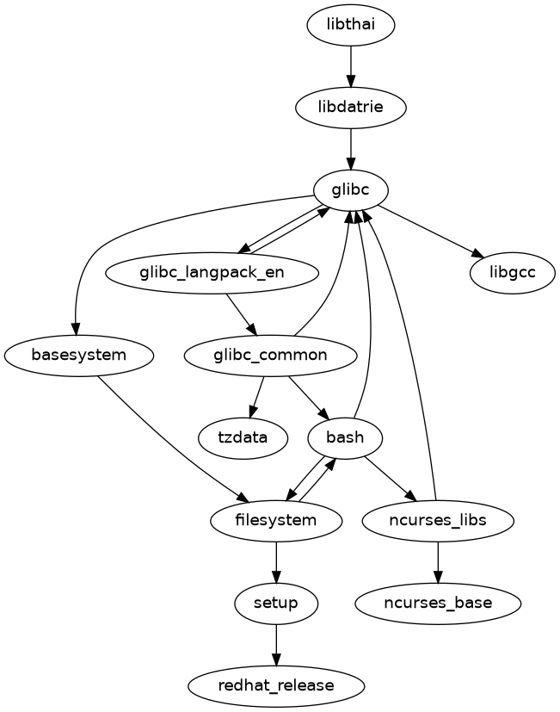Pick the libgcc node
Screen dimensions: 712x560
click(512, 273)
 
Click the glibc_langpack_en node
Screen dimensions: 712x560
click(212, 273)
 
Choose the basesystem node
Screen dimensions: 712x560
click(79, 355)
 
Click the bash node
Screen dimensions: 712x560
click(345, 437)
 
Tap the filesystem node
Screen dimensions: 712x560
click(276, 520)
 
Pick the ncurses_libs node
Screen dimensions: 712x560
click(438, 520)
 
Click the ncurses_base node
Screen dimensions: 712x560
click(438, 603)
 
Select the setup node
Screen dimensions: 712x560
click(276, 603)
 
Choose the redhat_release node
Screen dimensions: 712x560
click(276, 685)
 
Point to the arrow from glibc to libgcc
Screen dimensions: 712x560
click(430, 232)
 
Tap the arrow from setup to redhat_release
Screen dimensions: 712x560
click(276, 644)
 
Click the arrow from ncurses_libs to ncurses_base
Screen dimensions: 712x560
click(438, 561)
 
